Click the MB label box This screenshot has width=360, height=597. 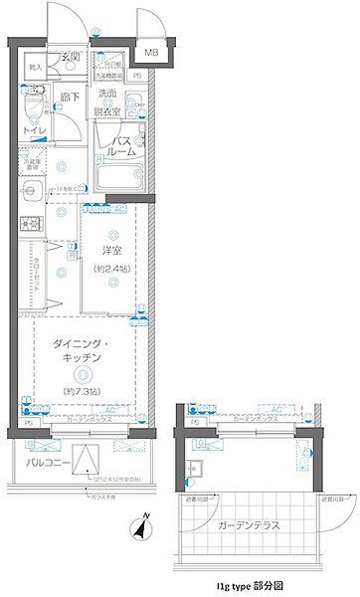click(152, 53)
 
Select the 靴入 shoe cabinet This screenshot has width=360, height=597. click(36, 69)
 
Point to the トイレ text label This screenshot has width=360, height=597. click(34, 129)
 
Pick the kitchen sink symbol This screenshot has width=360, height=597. click(29, 191)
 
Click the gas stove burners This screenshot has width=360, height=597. click(30, 223)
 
